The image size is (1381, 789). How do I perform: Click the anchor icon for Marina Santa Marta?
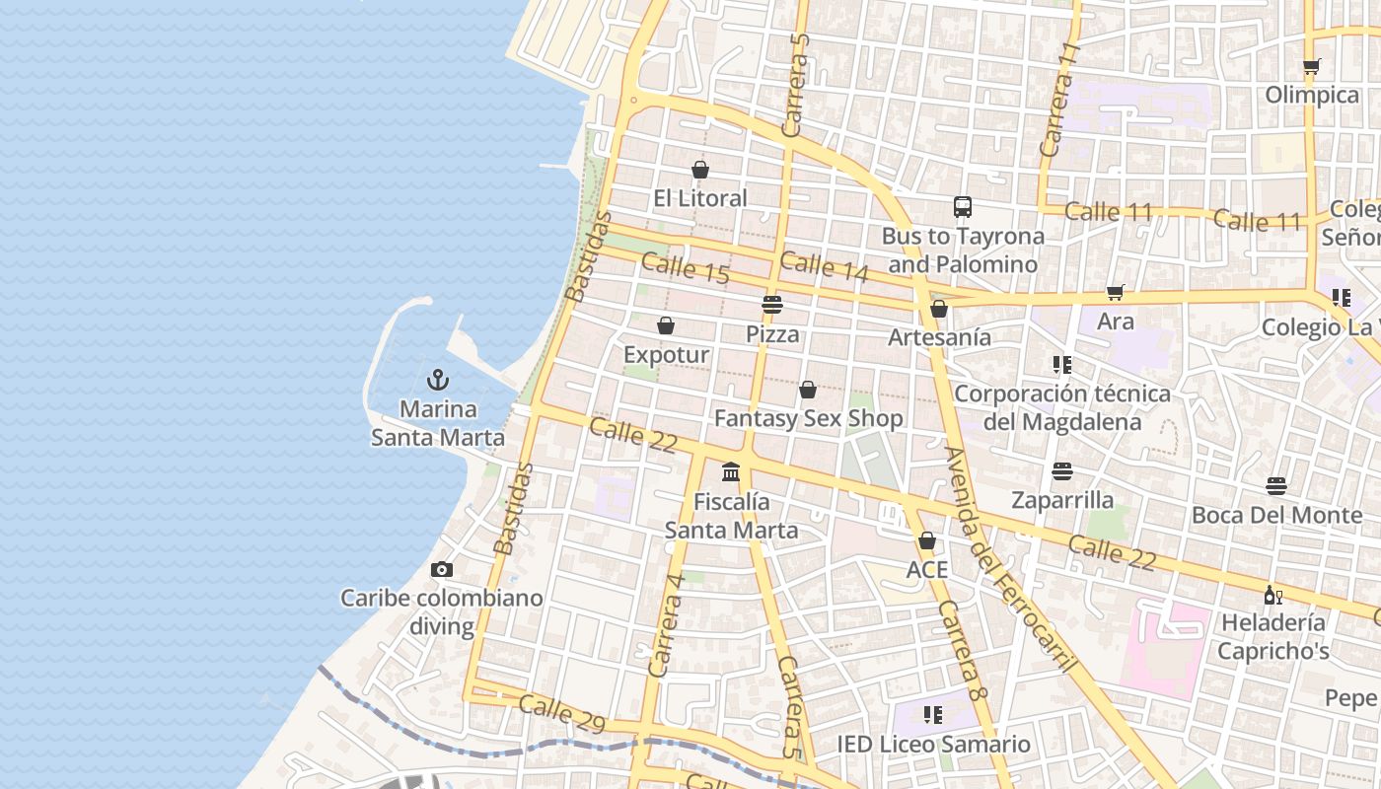point(438,380)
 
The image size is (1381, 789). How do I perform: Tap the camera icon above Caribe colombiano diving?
point(442,569)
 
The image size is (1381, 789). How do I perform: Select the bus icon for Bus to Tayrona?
point(963,207)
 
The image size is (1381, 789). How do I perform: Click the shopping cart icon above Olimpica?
point(1311,66)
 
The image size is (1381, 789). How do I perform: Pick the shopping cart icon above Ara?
point(1116,292)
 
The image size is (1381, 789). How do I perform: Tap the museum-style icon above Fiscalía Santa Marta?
point(731,472)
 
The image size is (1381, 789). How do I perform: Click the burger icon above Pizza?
point(772,305)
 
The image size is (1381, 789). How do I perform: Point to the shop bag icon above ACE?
point(926,540)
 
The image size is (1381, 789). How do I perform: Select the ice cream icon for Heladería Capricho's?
point(1272,595)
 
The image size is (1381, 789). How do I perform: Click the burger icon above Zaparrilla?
point(1062,470)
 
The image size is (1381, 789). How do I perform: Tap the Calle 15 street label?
point(686,269)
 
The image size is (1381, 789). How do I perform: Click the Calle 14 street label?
point(824,266)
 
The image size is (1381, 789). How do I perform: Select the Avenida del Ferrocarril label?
point(1008,558)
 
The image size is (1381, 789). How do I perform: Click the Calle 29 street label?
point(561,714)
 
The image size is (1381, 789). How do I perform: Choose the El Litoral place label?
point(700,198)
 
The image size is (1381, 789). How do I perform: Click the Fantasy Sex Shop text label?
point(808,418)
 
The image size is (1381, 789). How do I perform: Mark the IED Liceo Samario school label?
point(933,744)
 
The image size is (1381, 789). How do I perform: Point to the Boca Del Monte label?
point(1276,515)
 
